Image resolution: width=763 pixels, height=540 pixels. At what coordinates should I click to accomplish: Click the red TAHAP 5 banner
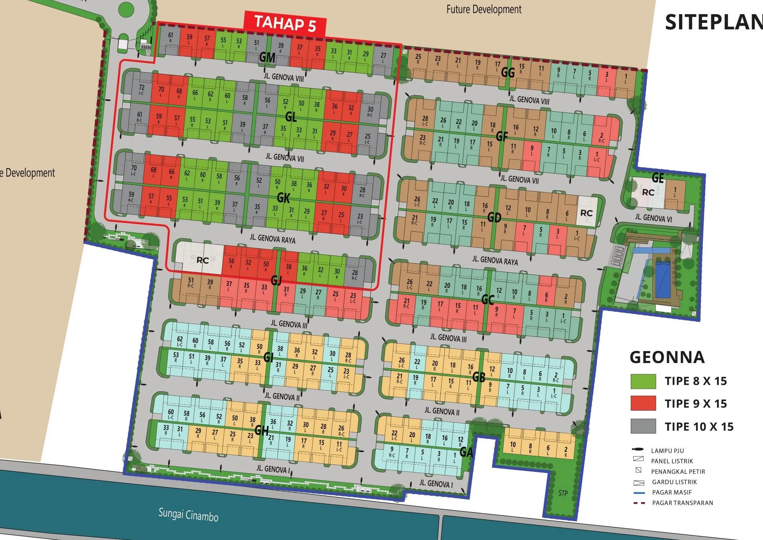pyautogui.click(x=285, y=24)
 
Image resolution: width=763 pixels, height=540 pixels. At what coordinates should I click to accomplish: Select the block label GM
pyautogui.click(x=267, y=57)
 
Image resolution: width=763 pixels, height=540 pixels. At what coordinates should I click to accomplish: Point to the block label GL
pyautogui.click(x=291, y=117)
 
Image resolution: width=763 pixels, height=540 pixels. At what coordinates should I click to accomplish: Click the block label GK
pyautogui.click(x=283, y=198)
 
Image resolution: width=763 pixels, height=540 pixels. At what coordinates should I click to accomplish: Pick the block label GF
pyautogui.click(x=502, y=137)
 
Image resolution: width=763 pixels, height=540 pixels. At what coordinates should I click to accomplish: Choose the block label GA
pyautogui.click(x=466, y=452)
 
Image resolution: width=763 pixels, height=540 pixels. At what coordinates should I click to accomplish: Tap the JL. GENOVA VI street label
pyautogui.click(x=653, y=218)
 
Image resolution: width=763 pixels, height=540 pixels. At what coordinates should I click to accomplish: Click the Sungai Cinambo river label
pyautogui.click(x=188, y=515)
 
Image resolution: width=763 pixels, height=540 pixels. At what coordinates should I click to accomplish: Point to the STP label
pyautogui.click(x=563, y=493)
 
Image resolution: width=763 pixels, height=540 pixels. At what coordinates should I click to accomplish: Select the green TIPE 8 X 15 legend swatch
pyautogui.click(x=643, y=381)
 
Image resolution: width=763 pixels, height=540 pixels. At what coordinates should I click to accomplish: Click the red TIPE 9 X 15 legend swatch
pyautogui.click(x=643, y=403)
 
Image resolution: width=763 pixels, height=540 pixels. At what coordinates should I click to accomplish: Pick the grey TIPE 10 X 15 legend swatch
pyautogui.click(x=643, y=426)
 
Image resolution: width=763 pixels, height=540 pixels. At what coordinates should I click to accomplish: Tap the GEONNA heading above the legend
pyautogui.click(x=667, y=357)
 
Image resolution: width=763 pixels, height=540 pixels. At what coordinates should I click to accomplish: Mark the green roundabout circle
pyautogui.click(x=126, y=9)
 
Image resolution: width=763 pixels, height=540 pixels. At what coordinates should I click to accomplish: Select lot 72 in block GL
pyautogui.click(x=142, y=89)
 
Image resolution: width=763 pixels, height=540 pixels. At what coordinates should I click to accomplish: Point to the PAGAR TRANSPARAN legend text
pyautogui.click(x=683, y=503)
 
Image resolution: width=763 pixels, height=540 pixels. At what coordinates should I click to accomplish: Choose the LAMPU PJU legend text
pyautogui.click(x=667, y=451)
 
